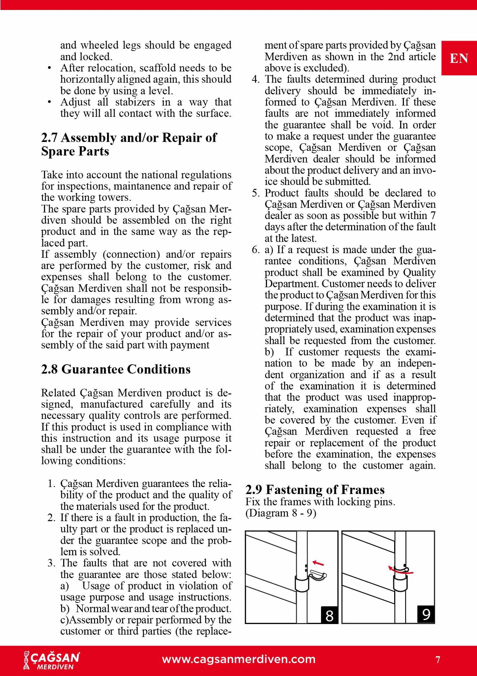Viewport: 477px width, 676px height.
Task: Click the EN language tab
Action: (x=459, y=59)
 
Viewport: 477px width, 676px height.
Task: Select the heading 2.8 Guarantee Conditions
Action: (x=116, y=369)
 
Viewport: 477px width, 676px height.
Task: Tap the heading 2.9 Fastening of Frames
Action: (x=315, y=489)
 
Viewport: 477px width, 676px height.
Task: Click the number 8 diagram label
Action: (x=329, y=615)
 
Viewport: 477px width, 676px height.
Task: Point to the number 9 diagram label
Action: (x=426, y=614)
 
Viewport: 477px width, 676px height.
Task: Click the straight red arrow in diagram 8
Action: (x=318, y=563)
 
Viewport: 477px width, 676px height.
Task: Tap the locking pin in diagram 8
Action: (x=318, y=575)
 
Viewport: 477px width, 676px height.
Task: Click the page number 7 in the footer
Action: (x=438, y=660)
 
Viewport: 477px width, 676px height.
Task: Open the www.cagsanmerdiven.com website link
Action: (x=238, y=659)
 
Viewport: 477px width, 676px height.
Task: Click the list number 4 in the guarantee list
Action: (x=255, y=79)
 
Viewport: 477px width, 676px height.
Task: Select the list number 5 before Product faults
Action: (x=255, y=193)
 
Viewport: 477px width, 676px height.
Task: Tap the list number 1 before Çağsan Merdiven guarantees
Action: (x=51, y=484)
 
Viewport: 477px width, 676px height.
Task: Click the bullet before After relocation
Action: (x=49, y=68)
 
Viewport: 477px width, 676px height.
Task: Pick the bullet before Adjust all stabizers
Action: (x=49, y=102)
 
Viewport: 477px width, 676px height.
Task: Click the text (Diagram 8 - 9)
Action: (x=281, y=513)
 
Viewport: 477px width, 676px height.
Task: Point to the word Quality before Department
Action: (x=419, y=272)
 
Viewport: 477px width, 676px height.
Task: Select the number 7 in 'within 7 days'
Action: (x=433, y=216)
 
